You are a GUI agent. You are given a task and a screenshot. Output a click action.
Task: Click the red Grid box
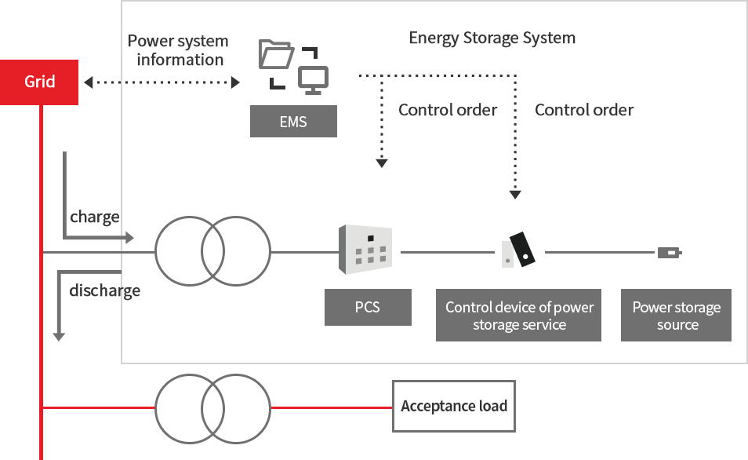[39, 82]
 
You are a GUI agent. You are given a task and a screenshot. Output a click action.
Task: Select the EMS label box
[293, 122]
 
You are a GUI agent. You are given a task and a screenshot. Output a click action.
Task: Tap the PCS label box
[368, 307]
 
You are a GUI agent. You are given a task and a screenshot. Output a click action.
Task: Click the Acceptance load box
[454, 406]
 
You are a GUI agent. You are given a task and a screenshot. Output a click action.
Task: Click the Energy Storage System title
[492, 38]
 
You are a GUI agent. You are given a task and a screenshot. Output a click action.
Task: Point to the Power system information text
[178, 50]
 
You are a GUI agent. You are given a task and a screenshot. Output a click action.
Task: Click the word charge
[95, 217]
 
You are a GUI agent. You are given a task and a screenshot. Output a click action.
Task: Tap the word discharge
[104, 290]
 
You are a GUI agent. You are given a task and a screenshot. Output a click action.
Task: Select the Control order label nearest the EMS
[448, 110]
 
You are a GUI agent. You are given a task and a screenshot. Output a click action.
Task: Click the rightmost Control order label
[583, 110]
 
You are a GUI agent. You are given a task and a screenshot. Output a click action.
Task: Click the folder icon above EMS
[276, 56]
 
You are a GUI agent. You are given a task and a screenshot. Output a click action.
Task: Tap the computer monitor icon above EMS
[314, 78]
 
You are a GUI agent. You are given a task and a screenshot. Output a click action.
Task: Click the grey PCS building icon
[364, 249]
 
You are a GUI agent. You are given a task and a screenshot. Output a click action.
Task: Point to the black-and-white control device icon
[518, 250]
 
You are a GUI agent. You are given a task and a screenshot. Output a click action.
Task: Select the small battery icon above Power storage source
[669, 253]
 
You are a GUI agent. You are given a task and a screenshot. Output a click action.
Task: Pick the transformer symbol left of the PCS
[212, 252]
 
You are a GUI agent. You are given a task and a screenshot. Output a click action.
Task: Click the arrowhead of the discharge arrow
[58, 335]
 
